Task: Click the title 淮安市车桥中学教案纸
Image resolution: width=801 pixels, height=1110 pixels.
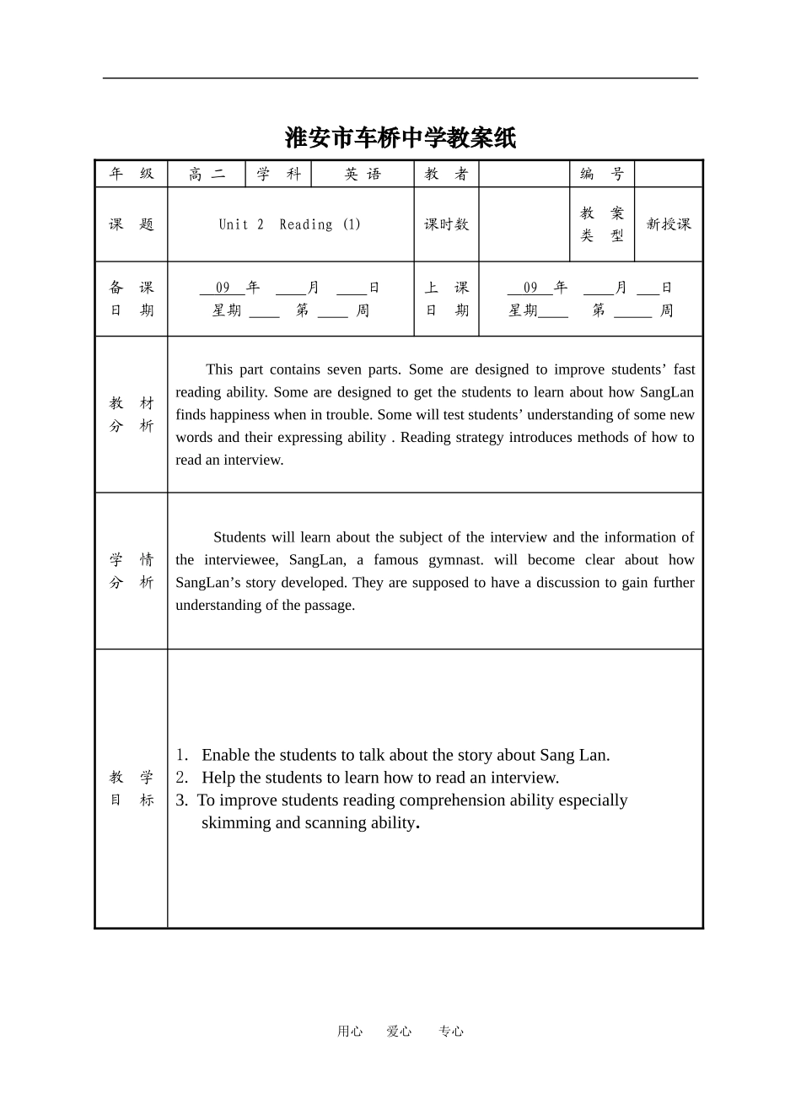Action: point(400,137)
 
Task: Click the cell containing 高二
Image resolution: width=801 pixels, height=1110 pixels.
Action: point(207,174)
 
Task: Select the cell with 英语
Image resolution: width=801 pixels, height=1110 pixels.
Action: point(363,174)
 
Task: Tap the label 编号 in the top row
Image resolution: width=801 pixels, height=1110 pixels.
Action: point(602,174)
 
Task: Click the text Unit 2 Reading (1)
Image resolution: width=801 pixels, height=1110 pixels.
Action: point(290,224)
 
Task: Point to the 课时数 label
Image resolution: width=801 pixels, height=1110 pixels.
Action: point(446,224)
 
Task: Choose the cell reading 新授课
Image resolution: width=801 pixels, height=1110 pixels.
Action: point(669,224)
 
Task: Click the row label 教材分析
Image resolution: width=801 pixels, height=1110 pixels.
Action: point(132,414)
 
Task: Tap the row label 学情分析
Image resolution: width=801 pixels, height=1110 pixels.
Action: point(132,571)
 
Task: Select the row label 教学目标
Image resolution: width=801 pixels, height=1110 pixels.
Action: point(132,789)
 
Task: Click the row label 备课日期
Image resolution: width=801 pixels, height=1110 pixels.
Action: point(132,299)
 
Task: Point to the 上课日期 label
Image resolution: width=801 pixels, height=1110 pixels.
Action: point(446,299)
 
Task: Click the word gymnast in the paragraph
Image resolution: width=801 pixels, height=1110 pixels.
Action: point(455,560)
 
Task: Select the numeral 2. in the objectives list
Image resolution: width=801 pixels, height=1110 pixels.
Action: point(182,778)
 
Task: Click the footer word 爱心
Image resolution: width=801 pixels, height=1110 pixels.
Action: point(399,1031)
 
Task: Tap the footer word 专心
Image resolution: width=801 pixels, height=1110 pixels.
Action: point(451,1031)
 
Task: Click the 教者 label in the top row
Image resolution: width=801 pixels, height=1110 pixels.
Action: point(446,174)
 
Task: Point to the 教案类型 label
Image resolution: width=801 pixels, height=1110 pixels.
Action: point(602,224)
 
